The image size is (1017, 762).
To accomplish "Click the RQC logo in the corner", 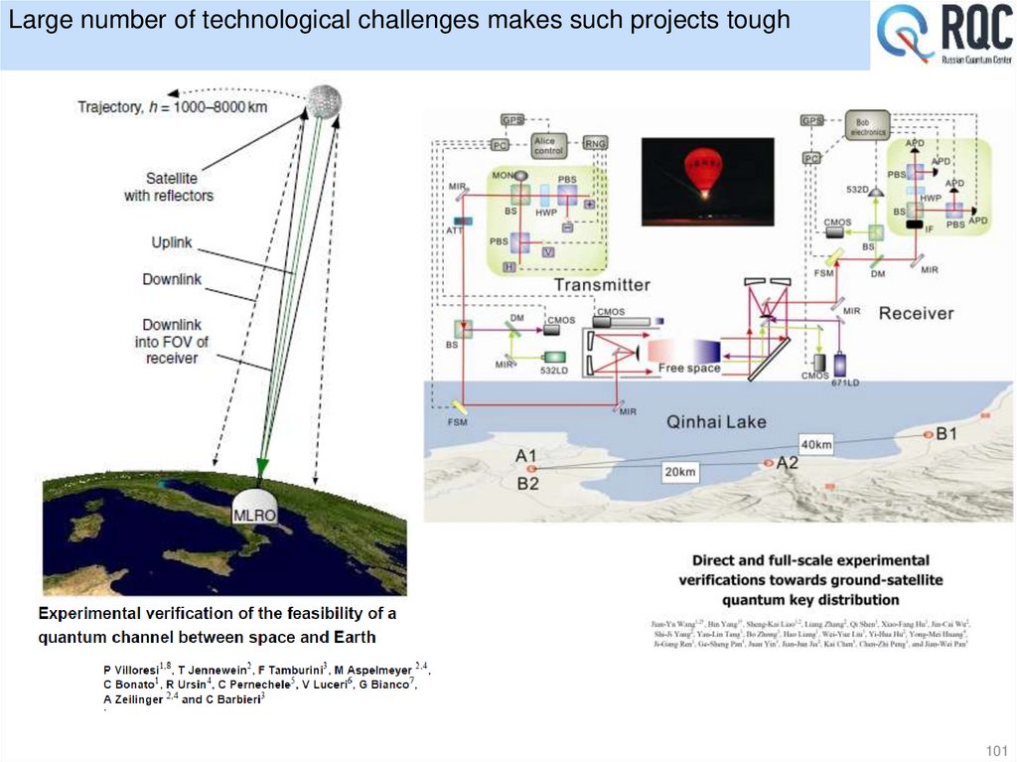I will click(944, 36).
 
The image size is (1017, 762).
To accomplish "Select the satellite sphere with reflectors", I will click(325, 99).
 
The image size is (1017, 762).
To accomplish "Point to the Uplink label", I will click(172, 242).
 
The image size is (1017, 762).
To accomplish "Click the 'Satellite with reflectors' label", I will click(168, 187).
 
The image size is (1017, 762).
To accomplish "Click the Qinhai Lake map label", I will click(716, 422).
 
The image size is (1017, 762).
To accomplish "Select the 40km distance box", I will click(816, 445).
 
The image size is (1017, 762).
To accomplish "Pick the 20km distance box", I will click(680, 472).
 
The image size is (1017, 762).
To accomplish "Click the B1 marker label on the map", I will click(945, 434).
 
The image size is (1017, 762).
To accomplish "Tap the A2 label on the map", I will click(787, 463).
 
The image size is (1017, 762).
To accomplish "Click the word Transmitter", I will click(602, 285).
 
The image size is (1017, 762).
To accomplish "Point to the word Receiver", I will click(916, 313).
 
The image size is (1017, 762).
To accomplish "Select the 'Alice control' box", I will click(547, 145).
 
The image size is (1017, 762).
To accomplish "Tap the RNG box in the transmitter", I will click(595, 143).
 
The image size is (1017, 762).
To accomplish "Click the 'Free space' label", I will click(689, 369).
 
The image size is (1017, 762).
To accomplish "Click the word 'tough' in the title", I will click(756, 20).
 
